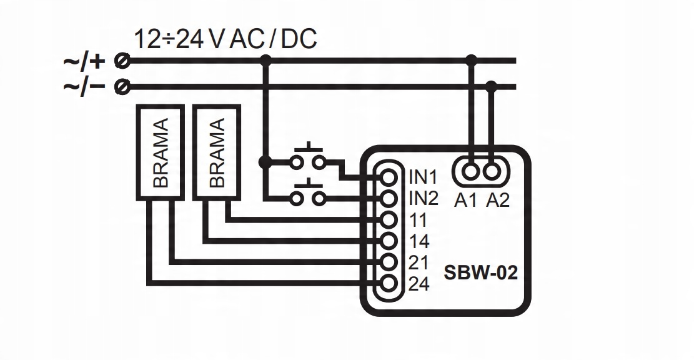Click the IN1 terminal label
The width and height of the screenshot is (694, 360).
tap(423, 177)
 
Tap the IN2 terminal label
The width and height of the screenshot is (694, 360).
tap(423, 199)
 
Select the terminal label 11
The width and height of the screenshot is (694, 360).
tap(418, 220)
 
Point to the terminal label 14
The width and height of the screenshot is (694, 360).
tap(418, 241)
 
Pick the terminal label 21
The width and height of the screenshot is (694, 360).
tap(418, 262)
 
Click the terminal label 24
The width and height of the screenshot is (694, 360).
tap(418, 284)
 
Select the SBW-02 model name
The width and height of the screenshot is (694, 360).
tap(480, 273)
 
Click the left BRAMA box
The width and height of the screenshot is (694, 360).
tap(160, 152)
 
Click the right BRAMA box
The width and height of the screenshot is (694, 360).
tap(217, 152)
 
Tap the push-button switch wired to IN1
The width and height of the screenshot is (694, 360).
tap(309, 159)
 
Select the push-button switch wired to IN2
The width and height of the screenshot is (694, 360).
tap(309, 194)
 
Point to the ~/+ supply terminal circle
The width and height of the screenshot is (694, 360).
tap(123, 61)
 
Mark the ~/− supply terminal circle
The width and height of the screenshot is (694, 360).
tap(123, 87)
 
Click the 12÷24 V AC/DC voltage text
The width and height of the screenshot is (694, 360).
tap(225, 39)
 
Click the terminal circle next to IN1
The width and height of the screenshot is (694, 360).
tap(389, 177)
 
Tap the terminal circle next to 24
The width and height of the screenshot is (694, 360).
tap(389, 284)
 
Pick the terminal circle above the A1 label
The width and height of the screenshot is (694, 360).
tap(471, 170)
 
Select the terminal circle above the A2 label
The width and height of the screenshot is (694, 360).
tap(492, 170)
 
